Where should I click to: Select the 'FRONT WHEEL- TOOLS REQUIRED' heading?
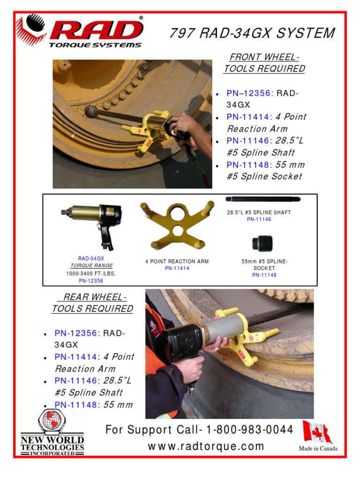(264, 63)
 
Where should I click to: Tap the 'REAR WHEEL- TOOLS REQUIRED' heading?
(92, 303)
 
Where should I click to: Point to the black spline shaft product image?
(263, 199)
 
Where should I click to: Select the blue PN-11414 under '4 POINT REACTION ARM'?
(177, 268)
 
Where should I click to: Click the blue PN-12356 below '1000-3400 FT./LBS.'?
(91, 281)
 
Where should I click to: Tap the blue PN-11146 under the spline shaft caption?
(259, 219)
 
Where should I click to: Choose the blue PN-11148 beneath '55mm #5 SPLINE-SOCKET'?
(264, 275)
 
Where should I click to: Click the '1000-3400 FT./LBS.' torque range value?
(91, 273)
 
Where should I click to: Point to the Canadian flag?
(317, 432)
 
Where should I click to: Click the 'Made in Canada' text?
(318, 449)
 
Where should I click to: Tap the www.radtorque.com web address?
(206, 446)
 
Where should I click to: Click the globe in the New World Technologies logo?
(52, 420)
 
